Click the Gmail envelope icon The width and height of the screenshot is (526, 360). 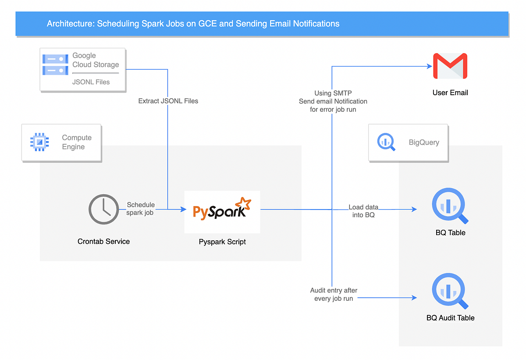[x=450, y=66]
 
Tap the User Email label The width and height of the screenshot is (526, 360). [x=450, y=93]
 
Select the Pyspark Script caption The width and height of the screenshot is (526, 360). [x=222, y=242]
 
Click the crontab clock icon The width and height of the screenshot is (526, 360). [x=103, y=210]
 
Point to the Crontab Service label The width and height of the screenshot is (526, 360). [x=103, y=241]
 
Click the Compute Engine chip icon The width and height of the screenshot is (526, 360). [x=39, y=142]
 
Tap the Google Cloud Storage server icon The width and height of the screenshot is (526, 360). [x=55, y=64]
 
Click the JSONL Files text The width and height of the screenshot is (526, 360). [x=91, y=82]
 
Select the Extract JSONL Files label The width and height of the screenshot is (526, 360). [x=168, y=101]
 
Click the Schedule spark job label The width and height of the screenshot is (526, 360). [x=140, y=209]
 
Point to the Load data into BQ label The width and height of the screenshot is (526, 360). [x=363, y=211]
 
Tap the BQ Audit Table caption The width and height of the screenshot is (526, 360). [x=450, y=317]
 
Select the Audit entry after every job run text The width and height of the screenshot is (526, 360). [x=334, y=294]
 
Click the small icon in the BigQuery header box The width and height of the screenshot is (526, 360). [x=386, y=142]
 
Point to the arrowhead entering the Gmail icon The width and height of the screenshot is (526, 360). [x=430, y=66]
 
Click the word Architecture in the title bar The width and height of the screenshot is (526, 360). [x=70, y=24]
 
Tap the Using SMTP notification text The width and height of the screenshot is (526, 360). [x=333, y=101]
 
